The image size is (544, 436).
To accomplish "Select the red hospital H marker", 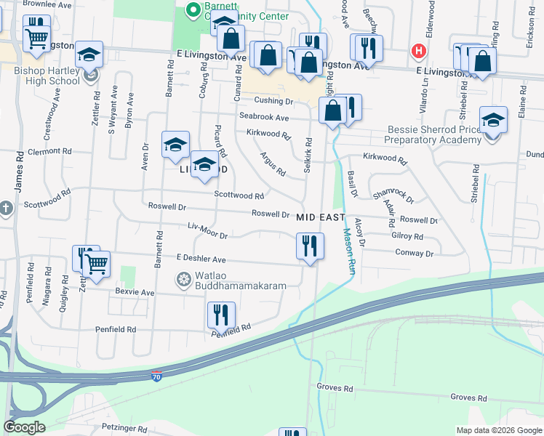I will pos(419,51).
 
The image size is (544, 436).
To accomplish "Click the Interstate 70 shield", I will pos(157,376).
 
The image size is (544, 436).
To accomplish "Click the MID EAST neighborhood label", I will pos(321,217).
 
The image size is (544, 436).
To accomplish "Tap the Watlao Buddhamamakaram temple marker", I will pos(183,279).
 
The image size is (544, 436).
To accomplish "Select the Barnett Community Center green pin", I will pos(193,10).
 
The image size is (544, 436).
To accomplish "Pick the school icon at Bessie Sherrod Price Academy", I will pos(493,119).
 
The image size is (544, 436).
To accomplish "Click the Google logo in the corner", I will pos(25,427).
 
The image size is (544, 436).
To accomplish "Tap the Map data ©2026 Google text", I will pos(498,430).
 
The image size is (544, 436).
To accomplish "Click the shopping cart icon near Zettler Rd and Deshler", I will pos(96,265).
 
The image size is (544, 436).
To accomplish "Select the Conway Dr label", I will pos(414,253).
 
